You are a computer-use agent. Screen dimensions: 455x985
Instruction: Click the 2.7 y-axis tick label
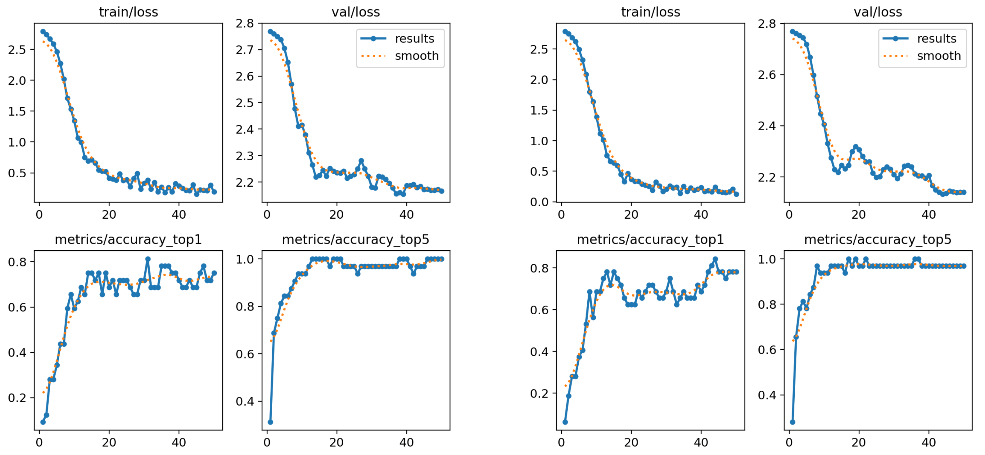coord(244,50)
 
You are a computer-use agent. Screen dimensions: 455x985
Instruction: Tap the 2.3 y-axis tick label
coord(244,156)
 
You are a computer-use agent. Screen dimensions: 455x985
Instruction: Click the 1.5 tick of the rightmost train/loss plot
coord(539,110)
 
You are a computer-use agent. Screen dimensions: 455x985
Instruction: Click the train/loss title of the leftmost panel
coord(129,12)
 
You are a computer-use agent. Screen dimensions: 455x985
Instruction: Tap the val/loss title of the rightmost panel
coord(878,12)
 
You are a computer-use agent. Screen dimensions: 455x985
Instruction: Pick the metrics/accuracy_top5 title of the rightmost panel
coord(878,239)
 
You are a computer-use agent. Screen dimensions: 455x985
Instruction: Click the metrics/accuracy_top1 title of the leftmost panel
coord(128,239)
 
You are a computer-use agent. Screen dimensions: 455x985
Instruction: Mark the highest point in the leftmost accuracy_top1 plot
coord(148,259)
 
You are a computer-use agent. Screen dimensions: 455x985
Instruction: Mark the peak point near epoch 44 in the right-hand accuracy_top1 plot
coord(715,259)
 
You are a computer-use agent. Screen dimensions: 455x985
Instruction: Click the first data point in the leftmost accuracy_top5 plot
coord(270,422)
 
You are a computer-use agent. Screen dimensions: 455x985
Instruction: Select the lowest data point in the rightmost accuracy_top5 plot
coord(792,422)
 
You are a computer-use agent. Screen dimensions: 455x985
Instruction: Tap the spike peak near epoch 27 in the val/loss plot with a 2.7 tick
coord(361,161)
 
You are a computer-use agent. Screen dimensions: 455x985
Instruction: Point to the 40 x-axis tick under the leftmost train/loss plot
coord(178,215)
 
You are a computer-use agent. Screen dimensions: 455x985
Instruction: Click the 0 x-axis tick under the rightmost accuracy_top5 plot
coord(789,442)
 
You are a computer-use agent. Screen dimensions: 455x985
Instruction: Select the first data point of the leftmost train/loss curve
coord(43,31)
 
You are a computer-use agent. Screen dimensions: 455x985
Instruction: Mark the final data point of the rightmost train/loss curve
coord(736,194)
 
